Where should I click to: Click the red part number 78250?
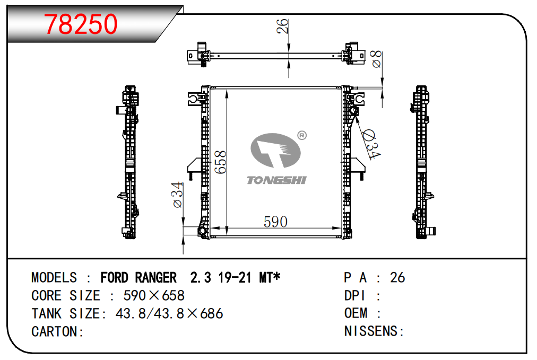click(x=81, y=24)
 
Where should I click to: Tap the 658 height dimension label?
click(x=220, y=162)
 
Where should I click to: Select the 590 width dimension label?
click(x=275, y=222)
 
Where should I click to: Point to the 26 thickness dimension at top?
click(x=282, y=27)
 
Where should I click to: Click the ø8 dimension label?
click(x=376, y=59)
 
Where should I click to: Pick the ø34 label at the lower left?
click(x=178, y=195)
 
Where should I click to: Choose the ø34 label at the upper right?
click(x=371, y=144)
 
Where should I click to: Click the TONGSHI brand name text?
click(x=276, y=180)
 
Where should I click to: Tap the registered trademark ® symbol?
click(x=302, y=136)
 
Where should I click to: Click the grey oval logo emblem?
click(x=275, y=150)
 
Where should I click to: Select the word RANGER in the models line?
click(x=156, y=277)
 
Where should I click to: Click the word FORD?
click(x=115, y=277)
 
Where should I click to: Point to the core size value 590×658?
click(x=154, y=296)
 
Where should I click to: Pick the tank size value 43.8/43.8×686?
click(x=169, y=313)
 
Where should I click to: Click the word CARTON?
click(x=54, y=331)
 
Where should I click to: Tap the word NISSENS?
click(x=370, y=331)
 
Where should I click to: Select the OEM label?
click(x=356, y=313)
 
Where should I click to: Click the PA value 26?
click(x=397, y=277)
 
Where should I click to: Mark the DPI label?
click(x=354, y=295)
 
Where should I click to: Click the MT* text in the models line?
click(x=270, y=277)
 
